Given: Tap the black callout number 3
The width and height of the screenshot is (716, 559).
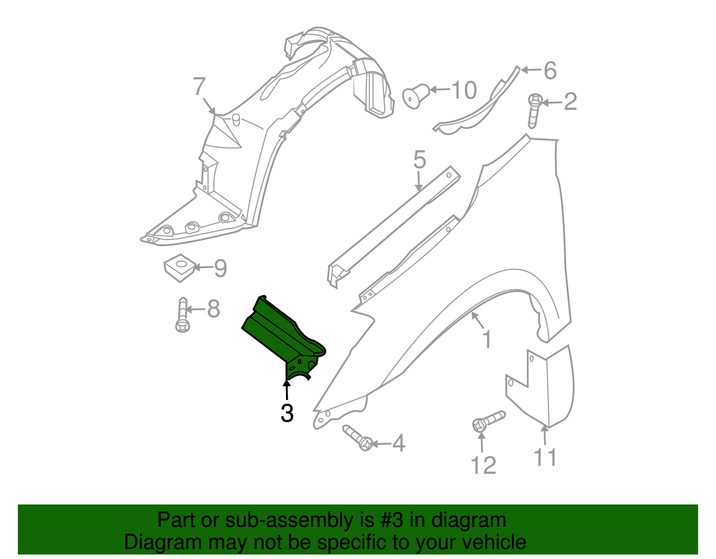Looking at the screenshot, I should pos(287,413).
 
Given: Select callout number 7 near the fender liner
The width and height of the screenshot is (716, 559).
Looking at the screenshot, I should pos(199,87).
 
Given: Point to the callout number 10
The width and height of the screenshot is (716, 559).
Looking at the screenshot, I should pos(464,90).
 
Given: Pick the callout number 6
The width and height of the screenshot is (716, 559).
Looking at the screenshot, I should pos(550,71).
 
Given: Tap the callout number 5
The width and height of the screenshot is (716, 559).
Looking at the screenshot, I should pos(419,160).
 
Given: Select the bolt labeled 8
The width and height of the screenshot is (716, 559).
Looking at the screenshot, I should pos(183,315).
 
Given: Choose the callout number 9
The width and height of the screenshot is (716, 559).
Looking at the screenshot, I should pos(220,268).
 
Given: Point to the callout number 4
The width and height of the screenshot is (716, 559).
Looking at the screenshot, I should pos(399,444).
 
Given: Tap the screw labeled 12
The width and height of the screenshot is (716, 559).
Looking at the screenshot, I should pos(488,421).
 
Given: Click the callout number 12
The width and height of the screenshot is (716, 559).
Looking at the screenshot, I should pos(483,466).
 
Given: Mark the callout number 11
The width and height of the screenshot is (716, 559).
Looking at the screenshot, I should pos(546,458).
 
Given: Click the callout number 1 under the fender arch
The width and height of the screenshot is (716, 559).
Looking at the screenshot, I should pos(487,339).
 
